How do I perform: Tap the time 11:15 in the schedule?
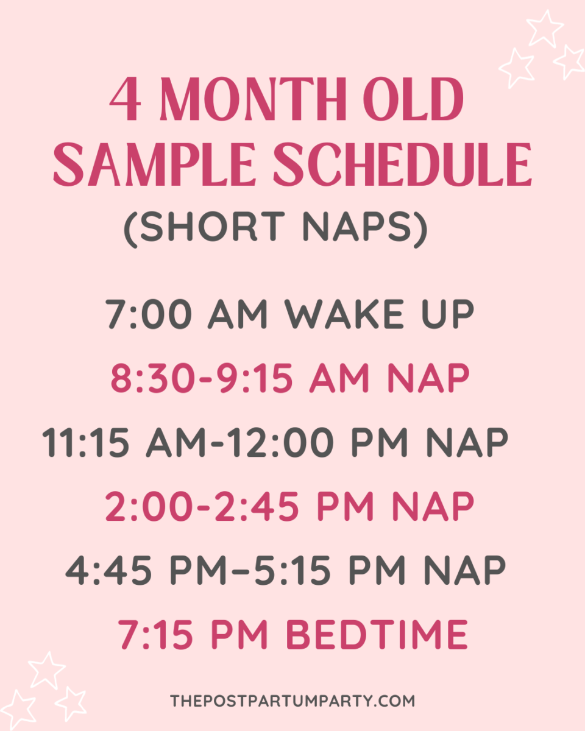tap(86, 442)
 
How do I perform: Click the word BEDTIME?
tap(377, 635)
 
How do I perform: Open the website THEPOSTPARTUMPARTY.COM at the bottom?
tap(292, 701)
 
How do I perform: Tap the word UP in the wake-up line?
tap(450, 315)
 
